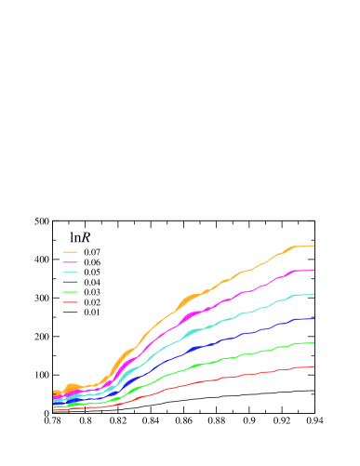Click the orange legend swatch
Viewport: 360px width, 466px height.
tap(70, 252)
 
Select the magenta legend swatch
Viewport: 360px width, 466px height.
tap(70, 262)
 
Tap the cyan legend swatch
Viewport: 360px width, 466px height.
tap(70, 273)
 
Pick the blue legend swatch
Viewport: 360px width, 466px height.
tap(70, 282)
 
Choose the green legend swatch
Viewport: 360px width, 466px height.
tap(70, 292)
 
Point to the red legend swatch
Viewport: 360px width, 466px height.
tap(70, 302)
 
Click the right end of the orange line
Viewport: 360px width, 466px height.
tap(313, 246)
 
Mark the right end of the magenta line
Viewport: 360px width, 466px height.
tap(313, 270)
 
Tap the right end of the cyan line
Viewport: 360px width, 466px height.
tap(313, 294)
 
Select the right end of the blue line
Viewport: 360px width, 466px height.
tap(313, 318)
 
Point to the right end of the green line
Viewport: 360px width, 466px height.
tap(313, 342)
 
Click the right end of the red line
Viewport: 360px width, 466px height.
tap(313, 366)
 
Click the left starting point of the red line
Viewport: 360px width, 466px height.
tap(54, 408)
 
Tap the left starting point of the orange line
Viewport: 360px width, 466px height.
tap(54, 393)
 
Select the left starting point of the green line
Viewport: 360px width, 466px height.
tap(54, 406)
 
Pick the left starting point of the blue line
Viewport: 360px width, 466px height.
tap(54, 403)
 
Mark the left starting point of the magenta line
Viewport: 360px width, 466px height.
tap(54, 397)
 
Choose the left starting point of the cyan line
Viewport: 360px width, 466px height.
tap(54, 400)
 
